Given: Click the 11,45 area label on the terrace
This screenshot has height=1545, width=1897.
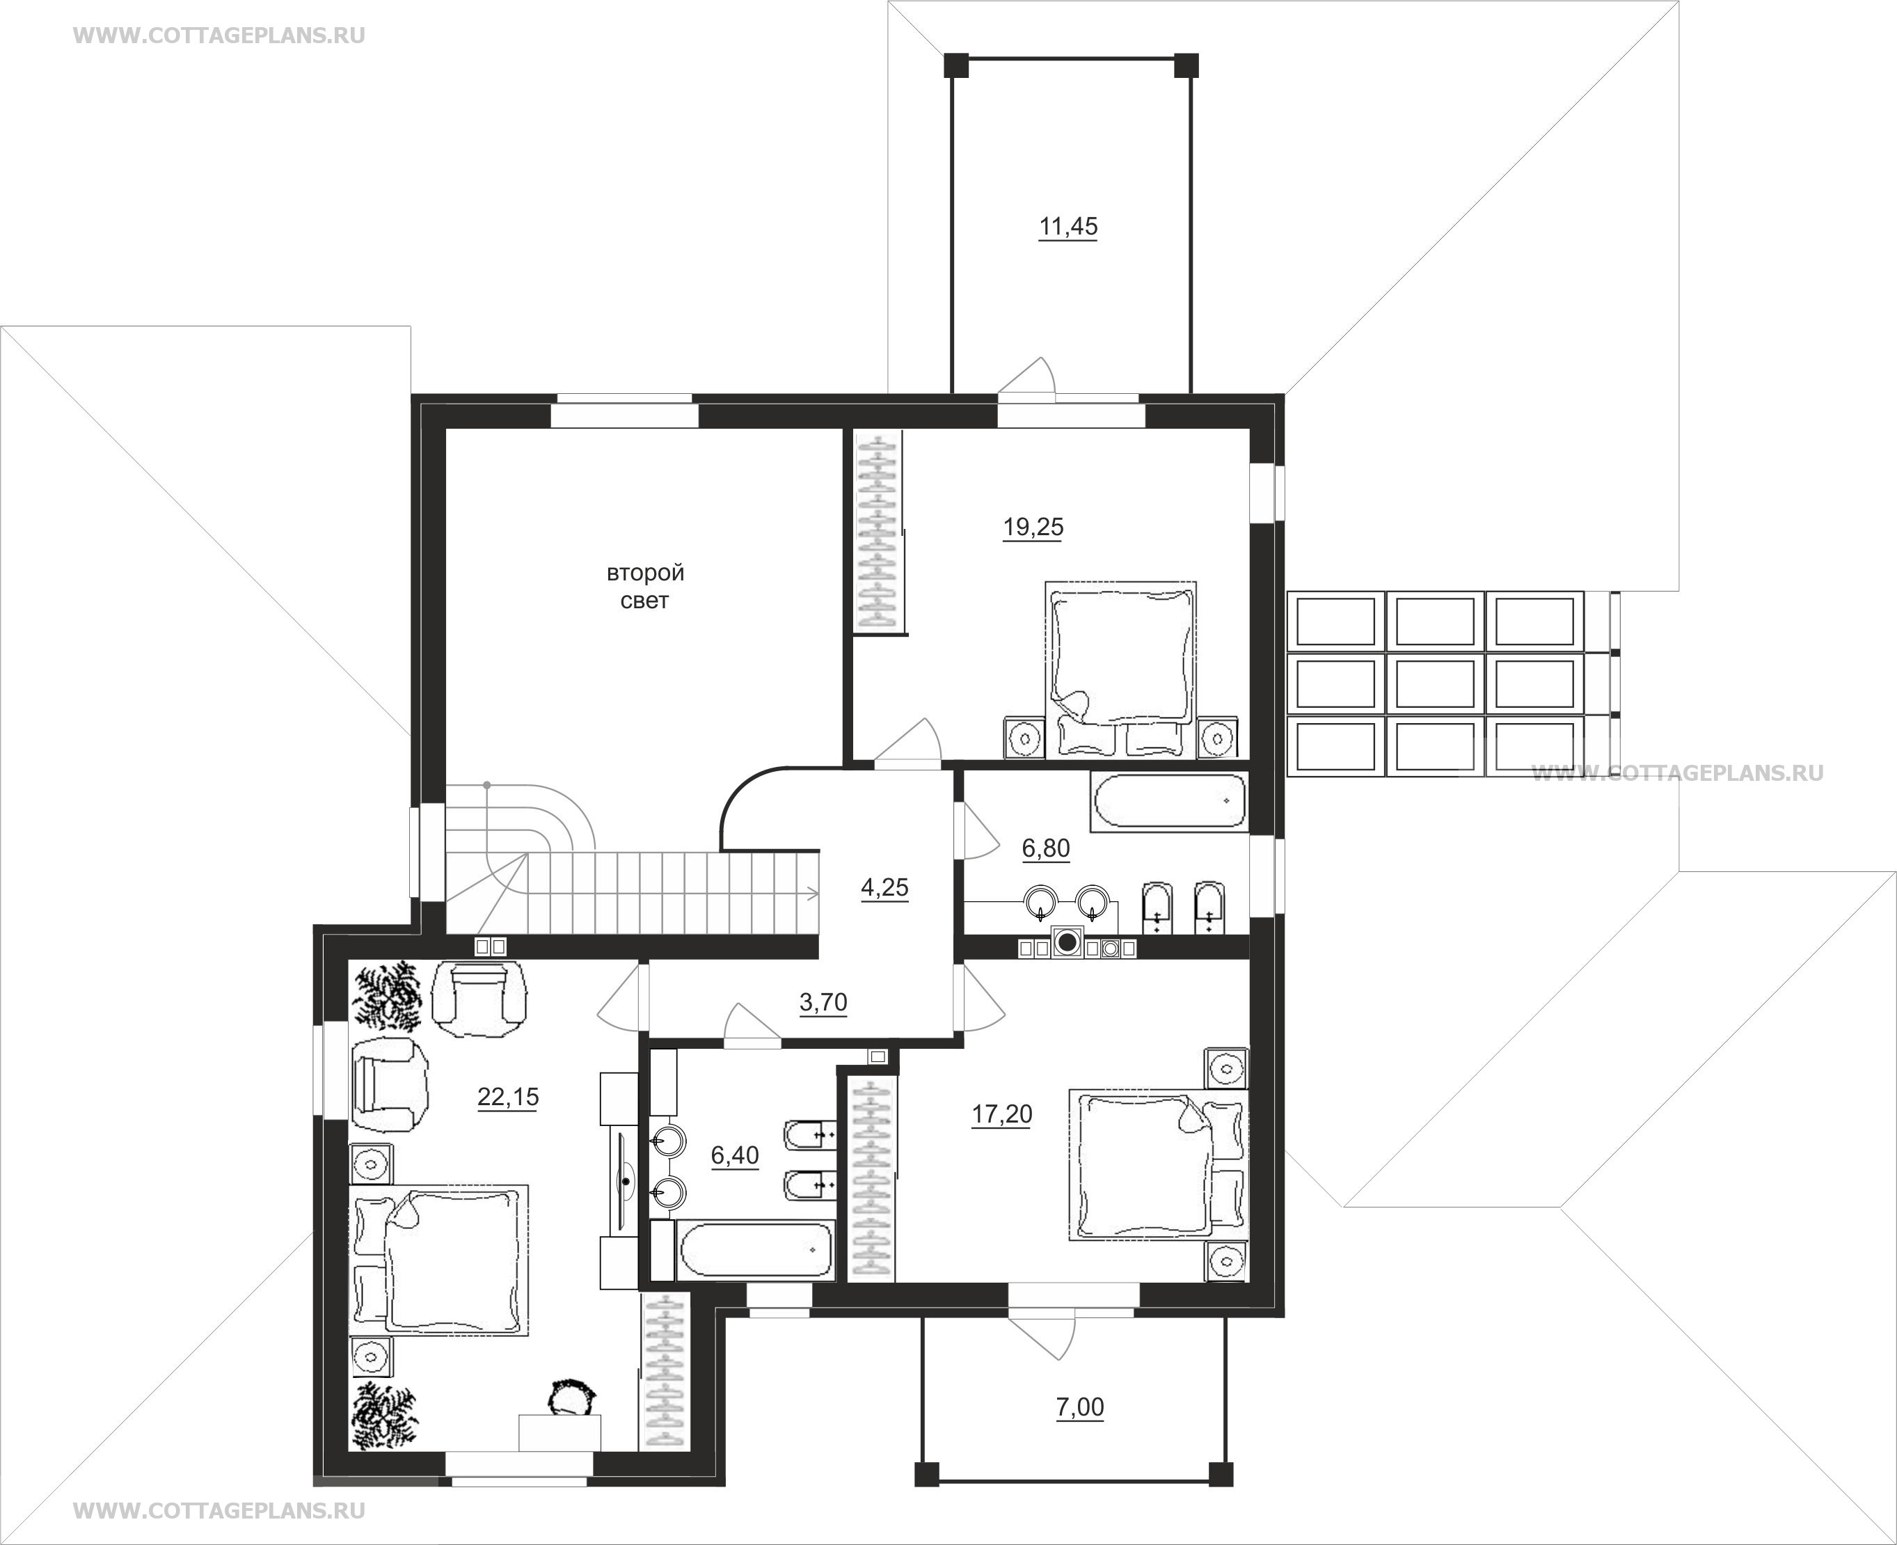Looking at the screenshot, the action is point(1067,227).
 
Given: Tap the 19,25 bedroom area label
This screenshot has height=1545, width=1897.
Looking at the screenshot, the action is point(1033,528).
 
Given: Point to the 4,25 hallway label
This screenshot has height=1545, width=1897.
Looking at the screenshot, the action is point(884,888).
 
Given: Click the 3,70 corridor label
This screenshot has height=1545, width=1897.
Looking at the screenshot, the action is point(823,1003).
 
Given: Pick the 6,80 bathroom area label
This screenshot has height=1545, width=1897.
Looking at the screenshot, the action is point(1045,849).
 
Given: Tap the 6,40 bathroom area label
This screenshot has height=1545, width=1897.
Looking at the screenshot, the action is point(735,1156).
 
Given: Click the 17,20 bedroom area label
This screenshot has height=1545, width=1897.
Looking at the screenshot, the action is point(1002,1114).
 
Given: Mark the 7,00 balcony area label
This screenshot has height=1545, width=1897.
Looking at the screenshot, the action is point(1079,1408).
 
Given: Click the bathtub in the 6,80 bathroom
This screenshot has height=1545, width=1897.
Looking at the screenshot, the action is point(1169,801).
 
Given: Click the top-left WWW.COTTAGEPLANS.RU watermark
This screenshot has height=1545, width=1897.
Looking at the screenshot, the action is point(219,35).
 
